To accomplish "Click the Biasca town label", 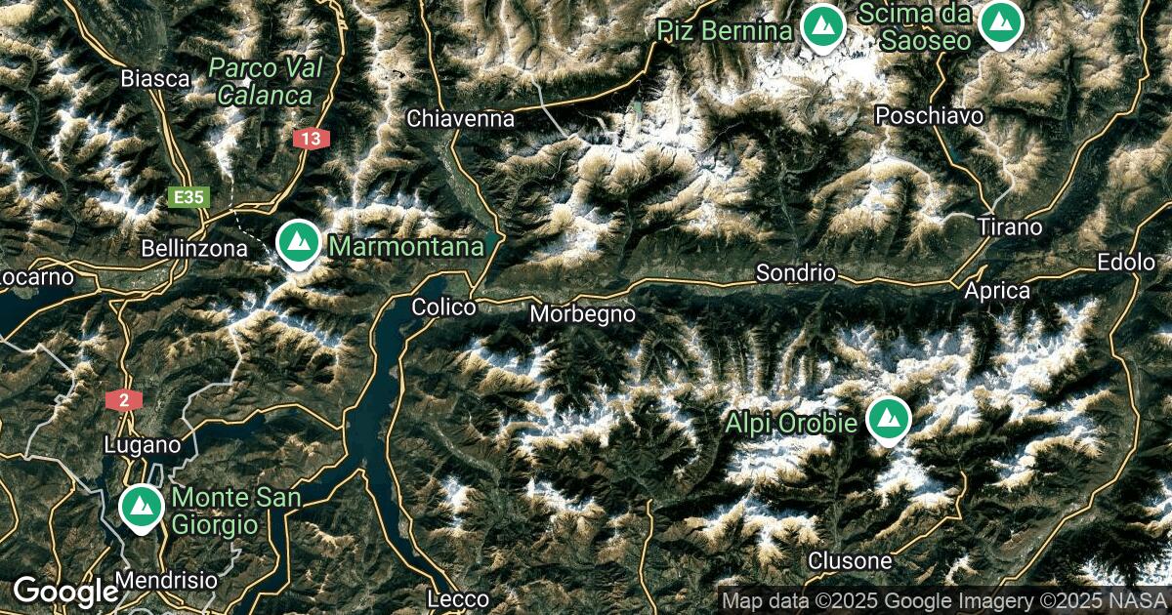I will (155, 78).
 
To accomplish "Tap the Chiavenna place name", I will (460, 119).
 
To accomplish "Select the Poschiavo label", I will (929, 115).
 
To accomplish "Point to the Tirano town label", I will (1010, 227).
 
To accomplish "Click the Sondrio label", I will (796, 273).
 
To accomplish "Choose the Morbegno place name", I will (582, 314).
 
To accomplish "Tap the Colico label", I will (443, 307).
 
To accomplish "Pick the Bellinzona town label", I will (194, 249).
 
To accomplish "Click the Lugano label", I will (143, 445).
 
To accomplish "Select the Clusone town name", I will (849, 561).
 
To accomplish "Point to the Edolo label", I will (1126, 263).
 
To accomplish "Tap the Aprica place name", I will (996, 291).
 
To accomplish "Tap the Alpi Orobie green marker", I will (888, 419).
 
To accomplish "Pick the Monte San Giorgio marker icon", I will (142, 507).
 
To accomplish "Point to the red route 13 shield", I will (310, 140).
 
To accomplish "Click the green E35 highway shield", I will (188, 198).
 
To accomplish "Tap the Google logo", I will (64, 591).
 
